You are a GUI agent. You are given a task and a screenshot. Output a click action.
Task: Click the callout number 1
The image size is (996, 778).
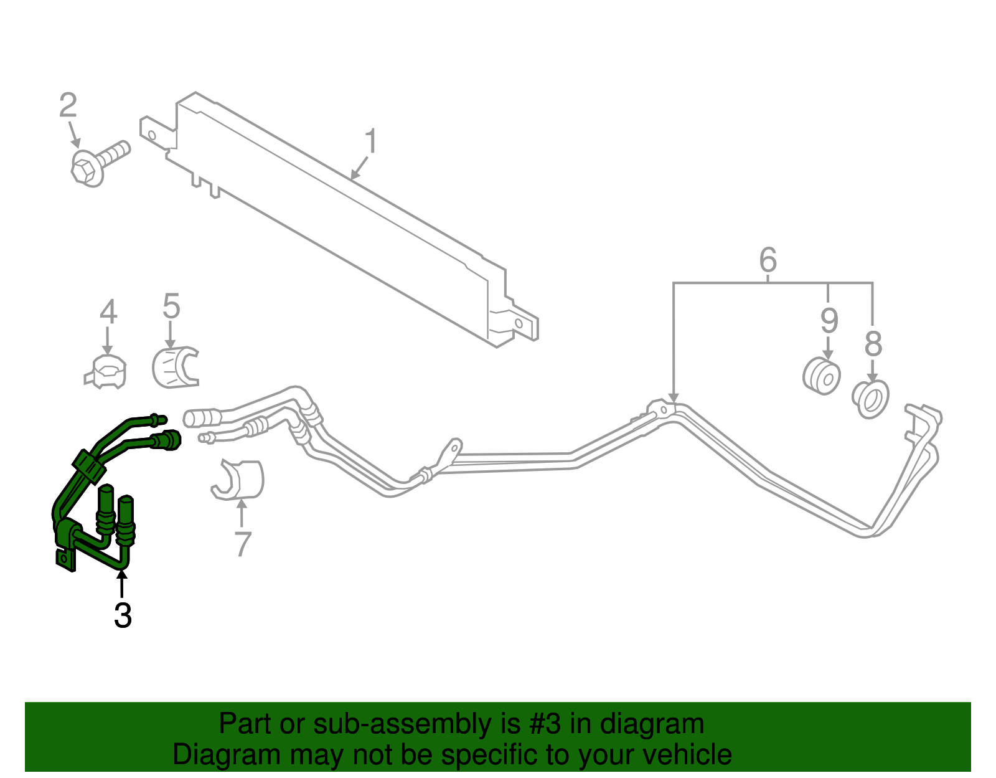click(x=370, y=142)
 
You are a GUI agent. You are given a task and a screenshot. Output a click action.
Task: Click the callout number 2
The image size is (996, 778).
click(x=68, y=105)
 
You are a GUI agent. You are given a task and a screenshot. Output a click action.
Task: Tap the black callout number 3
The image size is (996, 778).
click(x=123, y=615)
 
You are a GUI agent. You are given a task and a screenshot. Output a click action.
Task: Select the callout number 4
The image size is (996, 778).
click(x=108, y=312)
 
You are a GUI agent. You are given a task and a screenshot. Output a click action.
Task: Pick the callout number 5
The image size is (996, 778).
click(x=171, y=306)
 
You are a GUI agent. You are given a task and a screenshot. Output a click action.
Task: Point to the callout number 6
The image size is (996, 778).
click(x=768, y=260)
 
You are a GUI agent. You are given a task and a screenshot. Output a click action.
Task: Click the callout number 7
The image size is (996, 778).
click(x=242, y=544)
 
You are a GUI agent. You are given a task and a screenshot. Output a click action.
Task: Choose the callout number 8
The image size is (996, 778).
click(x=873, y=344)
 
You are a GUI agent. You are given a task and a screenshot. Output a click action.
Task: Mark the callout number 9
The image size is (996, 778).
click(x=829, y=321)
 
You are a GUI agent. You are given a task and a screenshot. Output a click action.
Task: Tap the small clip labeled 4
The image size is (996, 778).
click(x=106, y=372)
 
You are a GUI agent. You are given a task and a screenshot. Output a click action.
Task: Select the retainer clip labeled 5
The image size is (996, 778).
click(x=174, y=368)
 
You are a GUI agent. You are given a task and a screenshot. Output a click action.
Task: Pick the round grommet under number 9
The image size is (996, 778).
click(x=820, y=376)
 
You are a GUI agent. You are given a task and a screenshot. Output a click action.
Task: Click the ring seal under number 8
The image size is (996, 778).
click(x=870, y=399)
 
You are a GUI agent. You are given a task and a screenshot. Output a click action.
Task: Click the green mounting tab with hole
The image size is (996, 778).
click(x=65, y=559)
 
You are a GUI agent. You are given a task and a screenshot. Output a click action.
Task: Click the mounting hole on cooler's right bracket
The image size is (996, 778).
click(x=519, y=323)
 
